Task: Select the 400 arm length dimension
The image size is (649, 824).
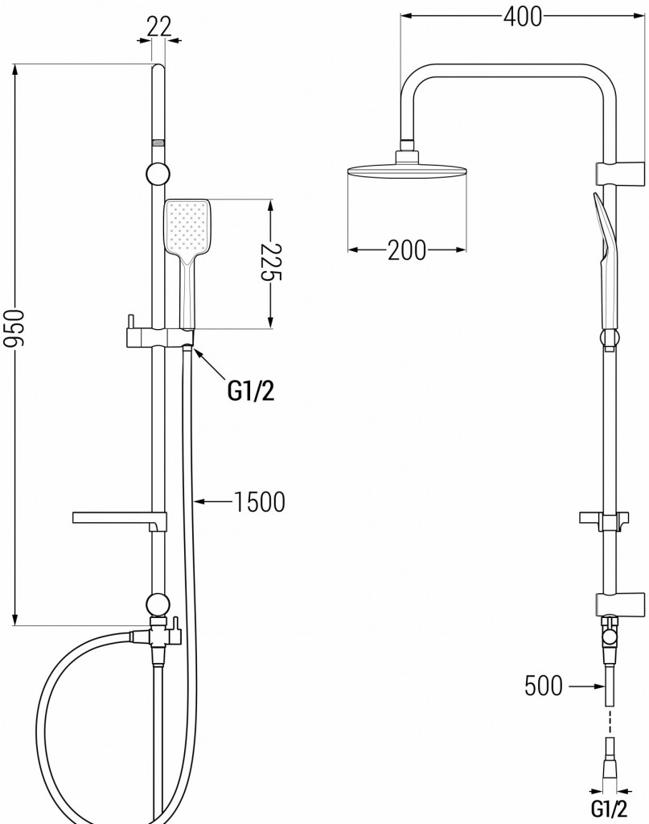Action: (522, 15)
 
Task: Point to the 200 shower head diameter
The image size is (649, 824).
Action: (406, 251)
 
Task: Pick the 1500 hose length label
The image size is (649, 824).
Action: (259, 503)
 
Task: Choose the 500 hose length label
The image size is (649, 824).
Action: (544, 686)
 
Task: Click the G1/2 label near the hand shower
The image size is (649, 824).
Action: (249, 390)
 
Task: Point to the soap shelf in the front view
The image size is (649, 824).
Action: (117, 517)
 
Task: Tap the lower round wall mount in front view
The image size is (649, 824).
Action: (158, 604)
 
